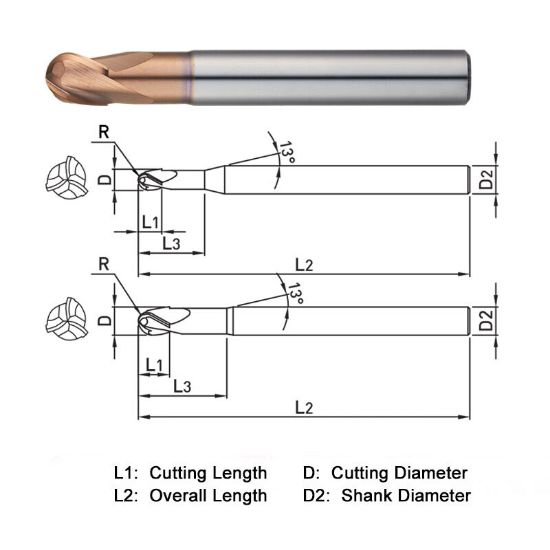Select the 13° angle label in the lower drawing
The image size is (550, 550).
coord(293,293)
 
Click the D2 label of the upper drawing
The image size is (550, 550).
coord(485,180)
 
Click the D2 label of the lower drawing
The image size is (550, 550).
coord(485,322)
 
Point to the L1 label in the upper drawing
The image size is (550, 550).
coord(151,220)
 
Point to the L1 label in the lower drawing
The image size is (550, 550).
coord(155,364)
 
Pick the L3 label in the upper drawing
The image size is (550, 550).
coord(171,243)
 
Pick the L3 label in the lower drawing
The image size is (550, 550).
coord(183,386)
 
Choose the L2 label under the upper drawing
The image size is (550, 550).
coord(304,264)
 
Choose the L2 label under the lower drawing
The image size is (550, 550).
coord(304,407)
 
